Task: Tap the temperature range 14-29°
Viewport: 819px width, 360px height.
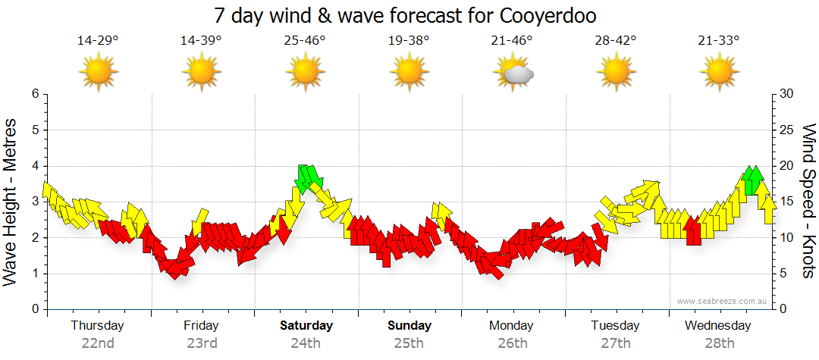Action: click(x=98, y=41)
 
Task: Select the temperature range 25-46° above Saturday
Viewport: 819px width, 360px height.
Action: click(x=305, y=41)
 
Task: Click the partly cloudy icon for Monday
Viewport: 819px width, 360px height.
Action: click(x=513, y=73)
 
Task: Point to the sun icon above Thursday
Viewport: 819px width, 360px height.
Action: click(x=98, y=73)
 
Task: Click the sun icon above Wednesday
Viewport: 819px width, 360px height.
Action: click(x=719, y=73)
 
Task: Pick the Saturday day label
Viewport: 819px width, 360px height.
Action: click(x=306, y=326)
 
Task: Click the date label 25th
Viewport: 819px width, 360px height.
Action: click(x=409, y=343)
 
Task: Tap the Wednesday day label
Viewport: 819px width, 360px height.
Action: click(x=717, y=326)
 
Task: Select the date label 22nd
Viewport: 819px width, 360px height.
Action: click(x=98, y=343)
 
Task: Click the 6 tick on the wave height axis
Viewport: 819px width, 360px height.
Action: click(x=34, y=94)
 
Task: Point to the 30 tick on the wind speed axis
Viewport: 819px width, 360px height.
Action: click(x=786, y=94)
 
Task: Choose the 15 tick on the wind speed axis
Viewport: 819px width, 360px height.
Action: click(x=786, y=202)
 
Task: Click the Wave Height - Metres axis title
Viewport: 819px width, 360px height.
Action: click(x=11, y=202)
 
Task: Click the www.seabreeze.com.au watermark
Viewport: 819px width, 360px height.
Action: click(x=723, y=301)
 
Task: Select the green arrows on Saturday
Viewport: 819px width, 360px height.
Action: click(x=307, y=177)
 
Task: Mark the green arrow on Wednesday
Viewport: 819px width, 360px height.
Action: click(x=752, y=180)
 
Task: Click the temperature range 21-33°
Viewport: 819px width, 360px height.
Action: click(x=719, y=41)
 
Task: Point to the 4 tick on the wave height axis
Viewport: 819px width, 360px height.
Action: click(x=34, y=166)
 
